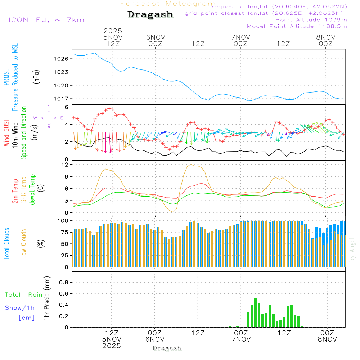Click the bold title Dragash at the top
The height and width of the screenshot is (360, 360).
150,15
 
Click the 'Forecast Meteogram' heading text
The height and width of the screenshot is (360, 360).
168,4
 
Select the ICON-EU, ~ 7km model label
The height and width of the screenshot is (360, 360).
46,19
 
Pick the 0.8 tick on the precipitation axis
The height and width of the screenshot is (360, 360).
63,283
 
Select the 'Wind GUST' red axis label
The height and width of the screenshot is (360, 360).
6,133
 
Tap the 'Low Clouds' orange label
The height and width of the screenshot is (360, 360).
24,243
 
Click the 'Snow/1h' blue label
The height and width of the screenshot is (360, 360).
20,308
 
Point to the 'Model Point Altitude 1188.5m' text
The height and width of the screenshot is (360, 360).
297,26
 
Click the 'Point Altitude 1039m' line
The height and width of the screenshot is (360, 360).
311,20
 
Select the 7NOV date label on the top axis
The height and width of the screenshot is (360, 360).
240,37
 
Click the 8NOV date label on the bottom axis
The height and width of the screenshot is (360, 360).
327,339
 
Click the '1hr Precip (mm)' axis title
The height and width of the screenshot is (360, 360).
46,298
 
